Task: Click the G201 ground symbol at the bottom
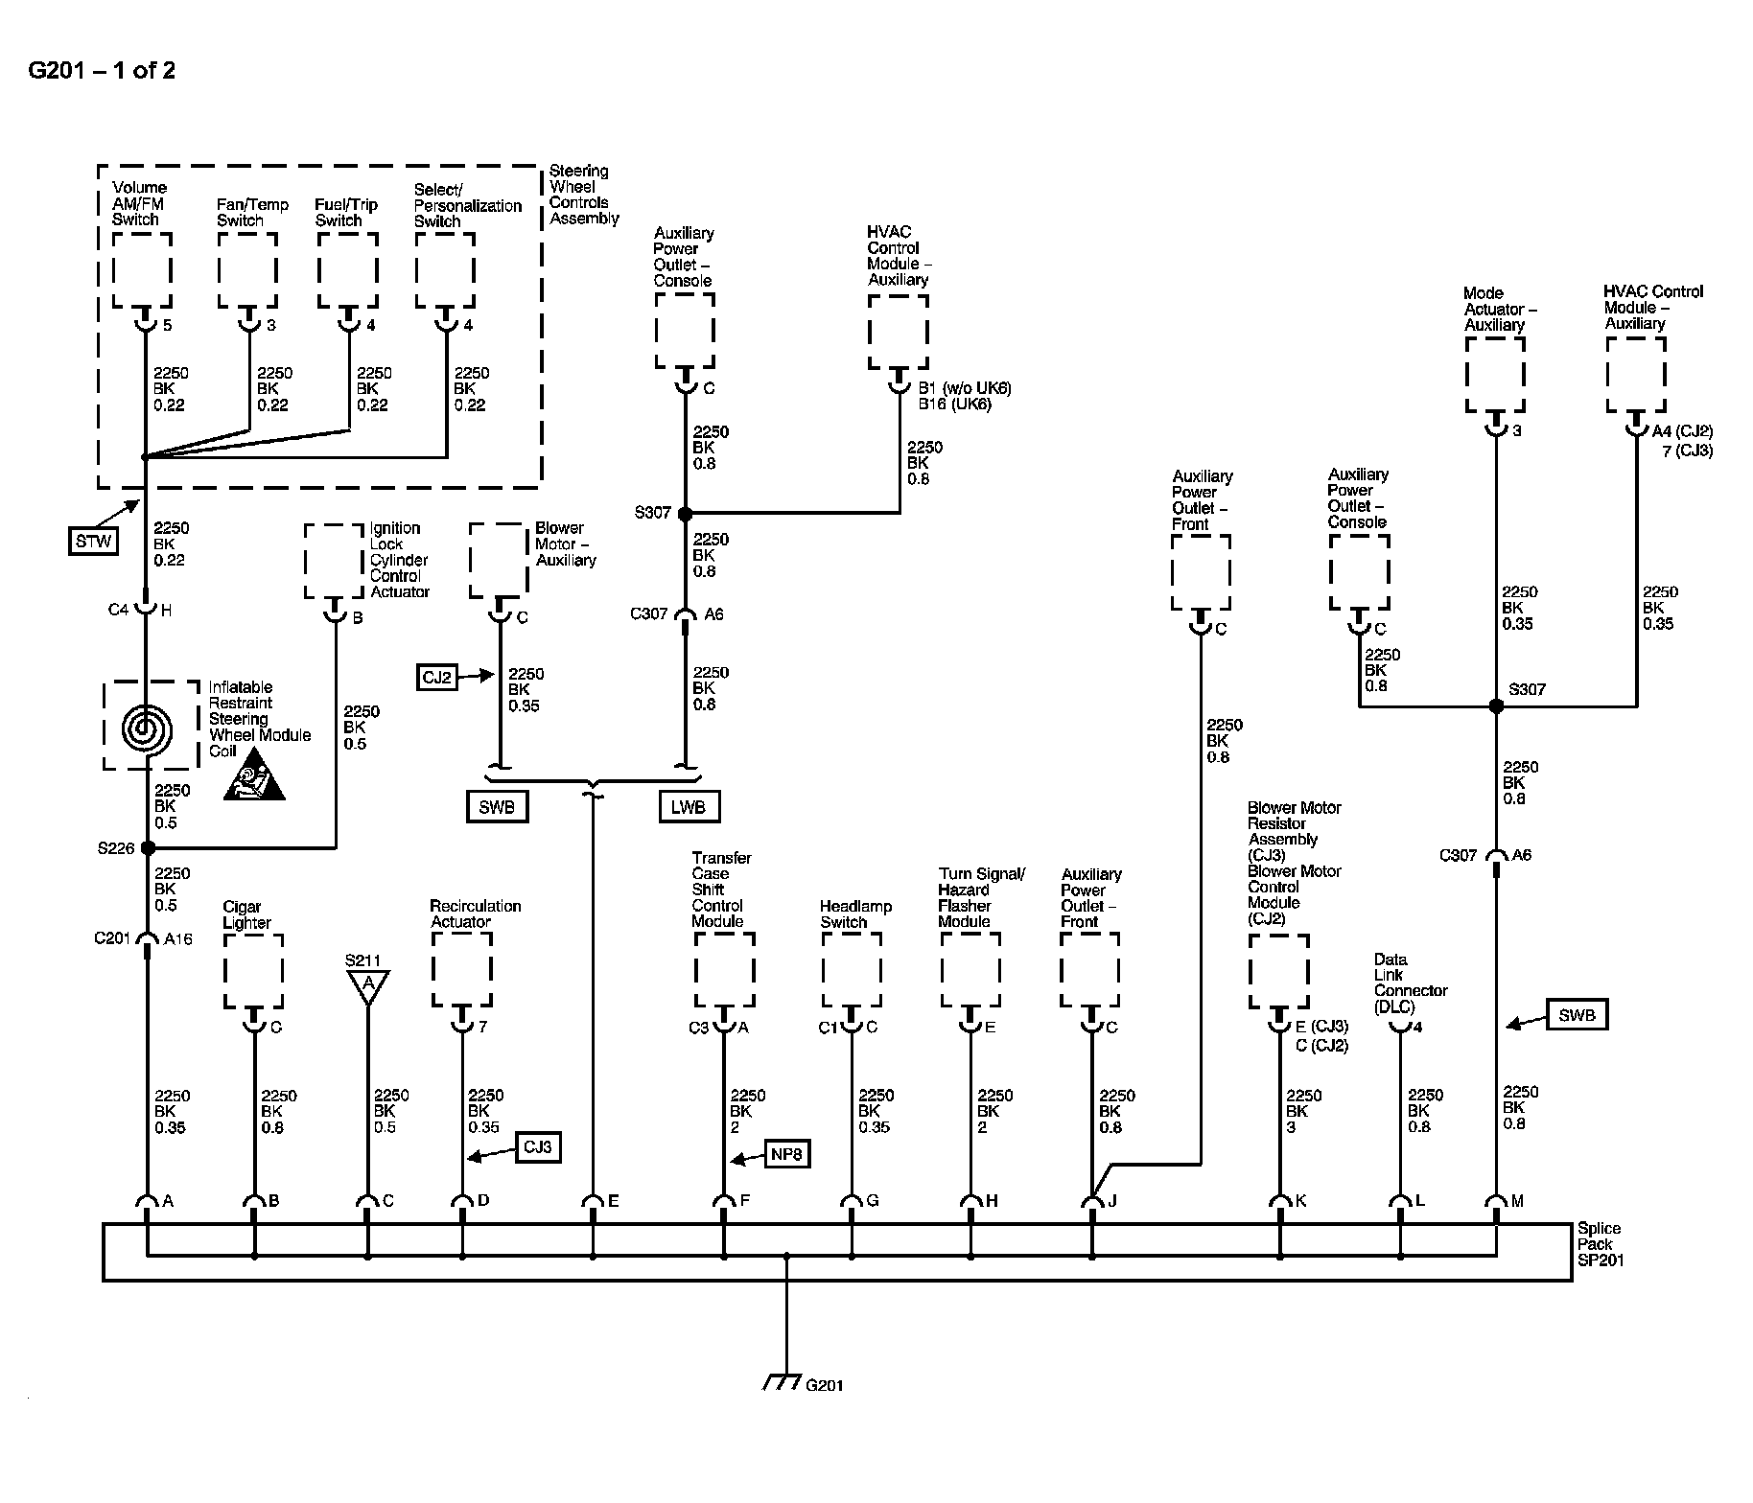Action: (783, 1383)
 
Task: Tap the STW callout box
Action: (93, 542)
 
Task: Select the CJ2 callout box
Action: (437, 678)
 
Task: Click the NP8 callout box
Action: (786, 1154)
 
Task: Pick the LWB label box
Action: (689, 807)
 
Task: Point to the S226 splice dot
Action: (147, 848)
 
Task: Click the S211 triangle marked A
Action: (367, 984)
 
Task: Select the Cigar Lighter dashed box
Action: (253, 971)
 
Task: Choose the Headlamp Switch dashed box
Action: (851, 971)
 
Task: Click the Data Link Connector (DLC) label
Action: (1410, 983)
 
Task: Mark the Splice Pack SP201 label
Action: (1600, 1244)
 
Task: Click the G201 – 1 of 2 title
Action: (102, 70)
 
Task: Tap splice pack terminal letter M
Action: (1517, 1201)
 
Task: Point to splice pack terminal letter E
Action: (614, 1201)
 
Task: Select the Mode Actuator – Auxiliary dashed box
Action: (1494, 375)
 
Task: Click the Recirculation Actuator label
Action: (475, 913)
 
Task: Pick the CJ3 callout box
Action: (538, 1146)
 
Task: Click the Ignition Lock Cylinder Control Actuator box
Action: (334, 561)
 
